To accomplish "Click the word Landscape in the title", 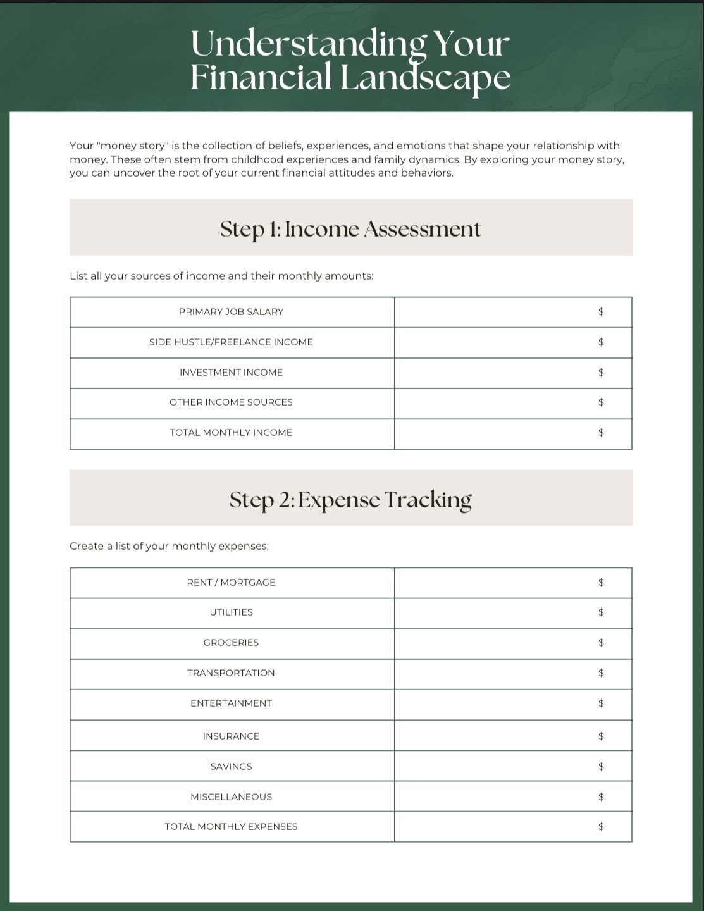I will pos(425,77).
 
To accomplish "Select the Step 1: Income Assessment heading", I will pos(350,228).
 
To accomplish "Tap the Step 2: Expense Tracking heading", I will pos(350,499).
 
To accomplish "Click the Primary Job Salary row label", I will pos(231,312).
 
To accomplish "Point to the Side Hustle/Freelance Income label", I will pos(231,342).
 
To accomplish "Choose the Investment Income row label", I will pos(231,373).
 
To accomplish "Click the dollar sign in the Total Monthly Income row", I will pos(601,433).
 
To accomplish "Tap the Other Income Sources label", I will pos(231,402).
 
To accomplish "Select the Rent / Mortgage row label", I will pos(231,583).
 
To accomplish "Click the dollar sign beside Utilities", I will pos(601,612).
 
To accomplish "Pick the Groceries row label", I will pos(231,643).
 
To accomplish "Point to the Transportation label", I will pos(231,673).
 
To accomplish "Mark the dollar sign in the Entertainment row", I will pos(601,703).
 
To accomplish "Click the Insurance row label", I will pos(231,736).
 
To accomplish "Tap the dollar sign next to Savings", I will pos(601,767).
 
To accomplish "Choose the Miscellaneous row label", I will pos(231,797).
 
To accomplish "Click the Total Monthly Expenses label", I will pos(231,827).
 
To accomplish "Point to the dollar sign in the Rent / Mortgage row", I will pos(601,583).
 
